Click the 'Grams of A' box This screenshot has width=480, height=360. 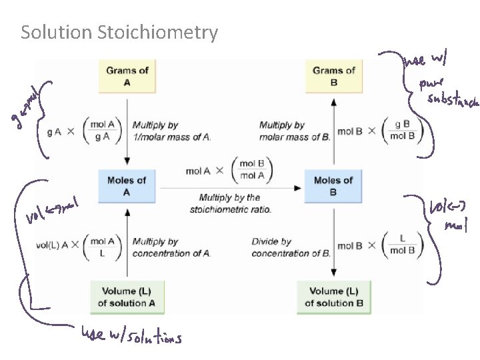(x=127, y=76)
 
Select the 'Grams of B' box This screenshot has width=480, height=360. (x=334, y=76)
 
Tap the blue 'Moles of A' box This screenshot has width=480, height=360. (x=127, y=186)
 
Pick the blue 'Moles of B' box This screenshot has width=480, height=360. (x=333, y=186)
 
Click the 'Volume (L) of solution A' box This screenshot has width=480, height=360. (x=127, y=297)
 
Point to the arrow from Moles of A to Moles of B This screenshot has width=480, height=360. (x=230, y=189)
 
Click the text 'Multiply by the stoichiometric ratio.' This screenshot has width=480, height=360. (x=230, y=203)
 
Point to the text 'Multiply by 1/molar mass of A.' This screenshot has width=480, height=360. (x=171, y=131)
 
